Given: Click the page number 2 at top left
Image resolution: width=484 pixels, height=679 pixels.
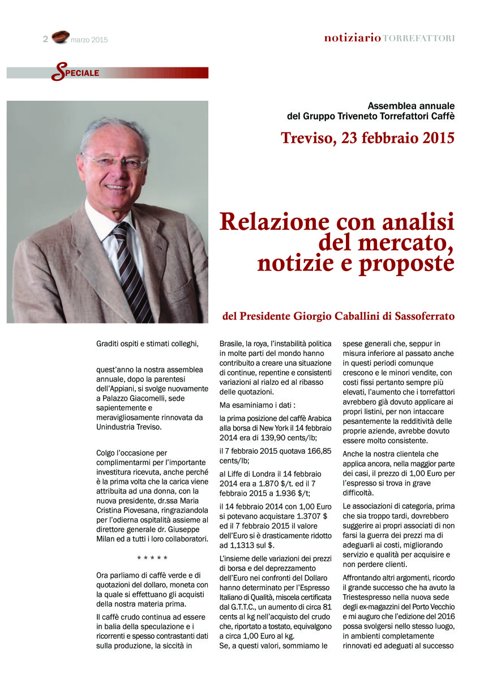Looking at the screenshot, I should (x=45, y=39).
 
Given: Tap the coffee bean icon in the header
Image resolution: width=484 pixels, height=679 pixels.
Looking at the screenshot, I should (x=59, y=38).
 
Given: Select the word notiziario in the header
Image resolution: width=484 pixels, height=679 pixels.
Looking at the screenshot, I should (x=352, y=38).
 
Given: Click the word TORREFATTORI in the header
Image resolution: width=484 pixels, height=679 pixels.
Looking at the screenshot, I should (x=419, y=38).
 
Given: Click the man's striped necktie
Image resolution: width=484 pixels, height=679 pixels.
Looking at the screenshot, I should (x=133, y=272).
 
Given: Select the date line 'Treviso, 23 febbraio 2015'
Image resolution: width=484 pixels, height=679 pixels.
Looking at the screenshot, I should (x=367, y=137).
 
